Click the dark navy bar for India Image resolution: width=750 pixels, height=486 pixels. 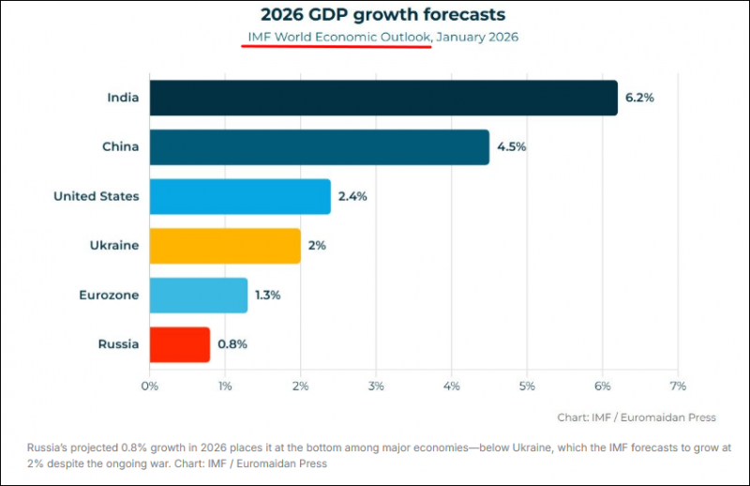click(383, 98)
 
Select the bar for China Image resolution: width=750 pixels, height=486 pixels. click(319, 147)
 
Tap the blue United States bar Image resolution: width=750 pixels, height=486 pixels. click(240, 196)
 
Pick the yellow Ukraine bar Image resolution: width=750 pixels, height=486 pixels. click(225, 246)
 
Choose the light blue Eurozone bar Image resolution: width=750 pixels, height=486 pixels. click(198, 295)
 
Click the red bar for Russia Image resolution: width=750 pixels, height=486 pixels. click(179, 344)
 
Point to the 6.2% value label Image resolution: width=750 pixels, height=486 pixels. click(639, 98)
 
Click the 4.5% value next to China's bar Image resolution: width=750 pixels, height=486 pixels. click(511, 147)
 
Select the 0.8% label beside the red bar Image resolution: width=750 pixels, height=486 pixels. click(232, 344)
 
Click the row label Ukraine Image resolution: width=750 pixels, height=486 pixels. click(115, 246)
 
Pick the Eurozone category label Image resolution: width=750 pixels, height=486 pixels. click(109, 295)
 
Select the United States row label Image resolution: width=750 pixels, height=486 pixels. click(97, 196)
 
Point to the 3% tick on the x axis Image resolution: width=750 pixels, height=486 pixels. click(376, 385)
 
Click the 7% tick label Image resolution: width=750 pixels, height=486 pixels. click(679, 385)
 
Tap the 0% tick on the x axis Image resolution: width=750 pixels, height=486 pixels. click(149, 385)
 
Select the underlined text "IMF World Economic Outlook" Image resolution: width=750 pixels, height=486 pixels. click(338, 37)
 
